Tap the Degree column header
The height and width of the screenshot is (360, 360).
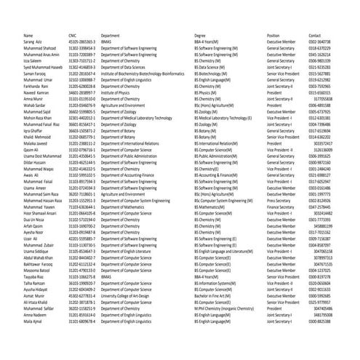(x=200, y=35)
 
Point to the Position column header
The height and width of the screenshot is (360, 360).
(x=273, y=35)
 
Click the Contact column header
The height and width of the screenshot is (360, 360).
(x=315, y=35)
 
